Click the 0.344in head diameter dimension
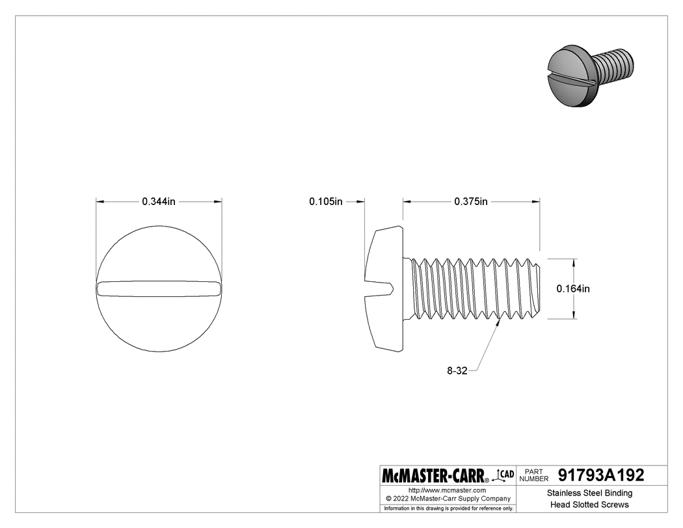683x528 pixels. pos(159,202)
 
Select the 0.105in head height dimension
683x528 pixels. pos(325,202)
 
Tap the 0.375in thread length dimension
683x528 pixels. pos(471,202)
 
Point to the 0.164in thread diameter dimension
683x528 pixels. pos(573,288)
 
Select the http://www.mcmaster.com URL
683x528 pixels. pos(447,490)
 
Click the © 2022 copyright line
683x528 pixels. pos(447,498)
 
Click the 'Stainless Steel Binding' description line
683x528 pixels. pos(589,493)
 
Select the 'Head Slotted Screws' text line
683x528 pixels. pos(589,505)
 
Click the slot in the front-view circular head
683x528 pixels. pos(159,287)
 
